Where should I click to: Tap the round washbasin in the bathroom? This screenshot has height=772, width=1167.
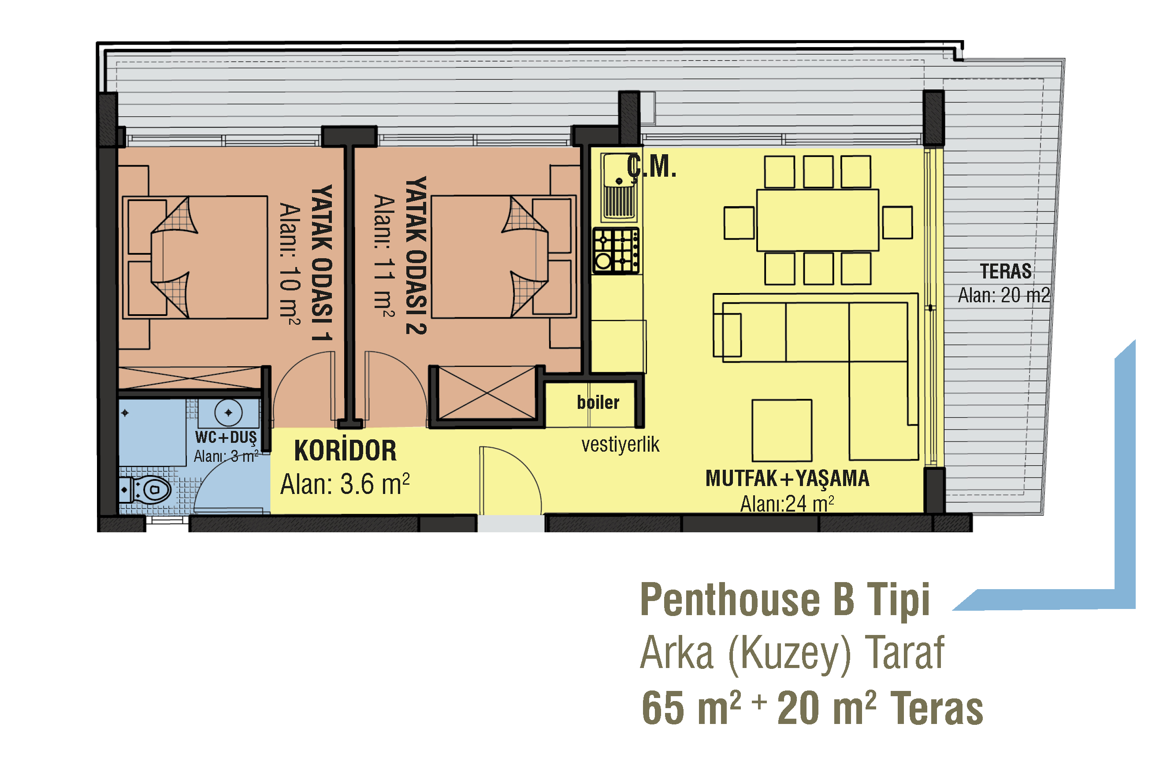(228, 412)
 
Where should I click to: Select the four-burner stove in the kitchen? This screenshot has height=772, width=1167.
(616, 251)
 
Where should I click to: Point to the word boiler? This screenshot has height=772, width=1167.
(598, 402)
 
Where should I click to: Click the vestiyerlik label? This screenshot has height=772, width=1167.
(620, 445)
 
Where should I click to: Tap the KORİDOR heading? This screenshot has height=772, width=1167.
(345, 450)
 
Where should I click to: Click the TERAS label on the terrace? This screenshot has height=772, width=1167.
(1006, 271)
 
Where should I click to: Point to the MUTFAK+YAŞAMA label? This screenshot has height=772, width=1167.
(788, 479)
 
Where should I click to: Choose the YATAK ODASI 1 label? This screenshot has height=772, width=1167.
(322, 263)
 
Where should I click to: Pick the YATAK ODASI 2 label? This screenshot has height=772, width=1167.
(416, 256)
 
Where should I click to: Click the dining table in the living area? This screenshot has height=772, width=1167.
(818, 220)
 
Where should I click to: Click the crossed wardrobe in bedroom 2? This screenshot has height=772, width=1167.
(487, 393)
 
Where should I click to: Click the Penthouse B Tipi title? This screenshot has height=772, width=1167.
(785, 600)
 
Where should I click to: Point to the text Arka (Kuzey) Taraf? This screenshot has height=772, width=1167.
(792, 653)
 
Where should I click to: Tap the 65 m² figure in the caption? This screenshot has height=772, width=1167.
(691, 708)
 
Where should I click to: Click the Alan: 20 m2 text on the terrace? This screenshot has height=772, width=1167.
(1004, 295)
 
